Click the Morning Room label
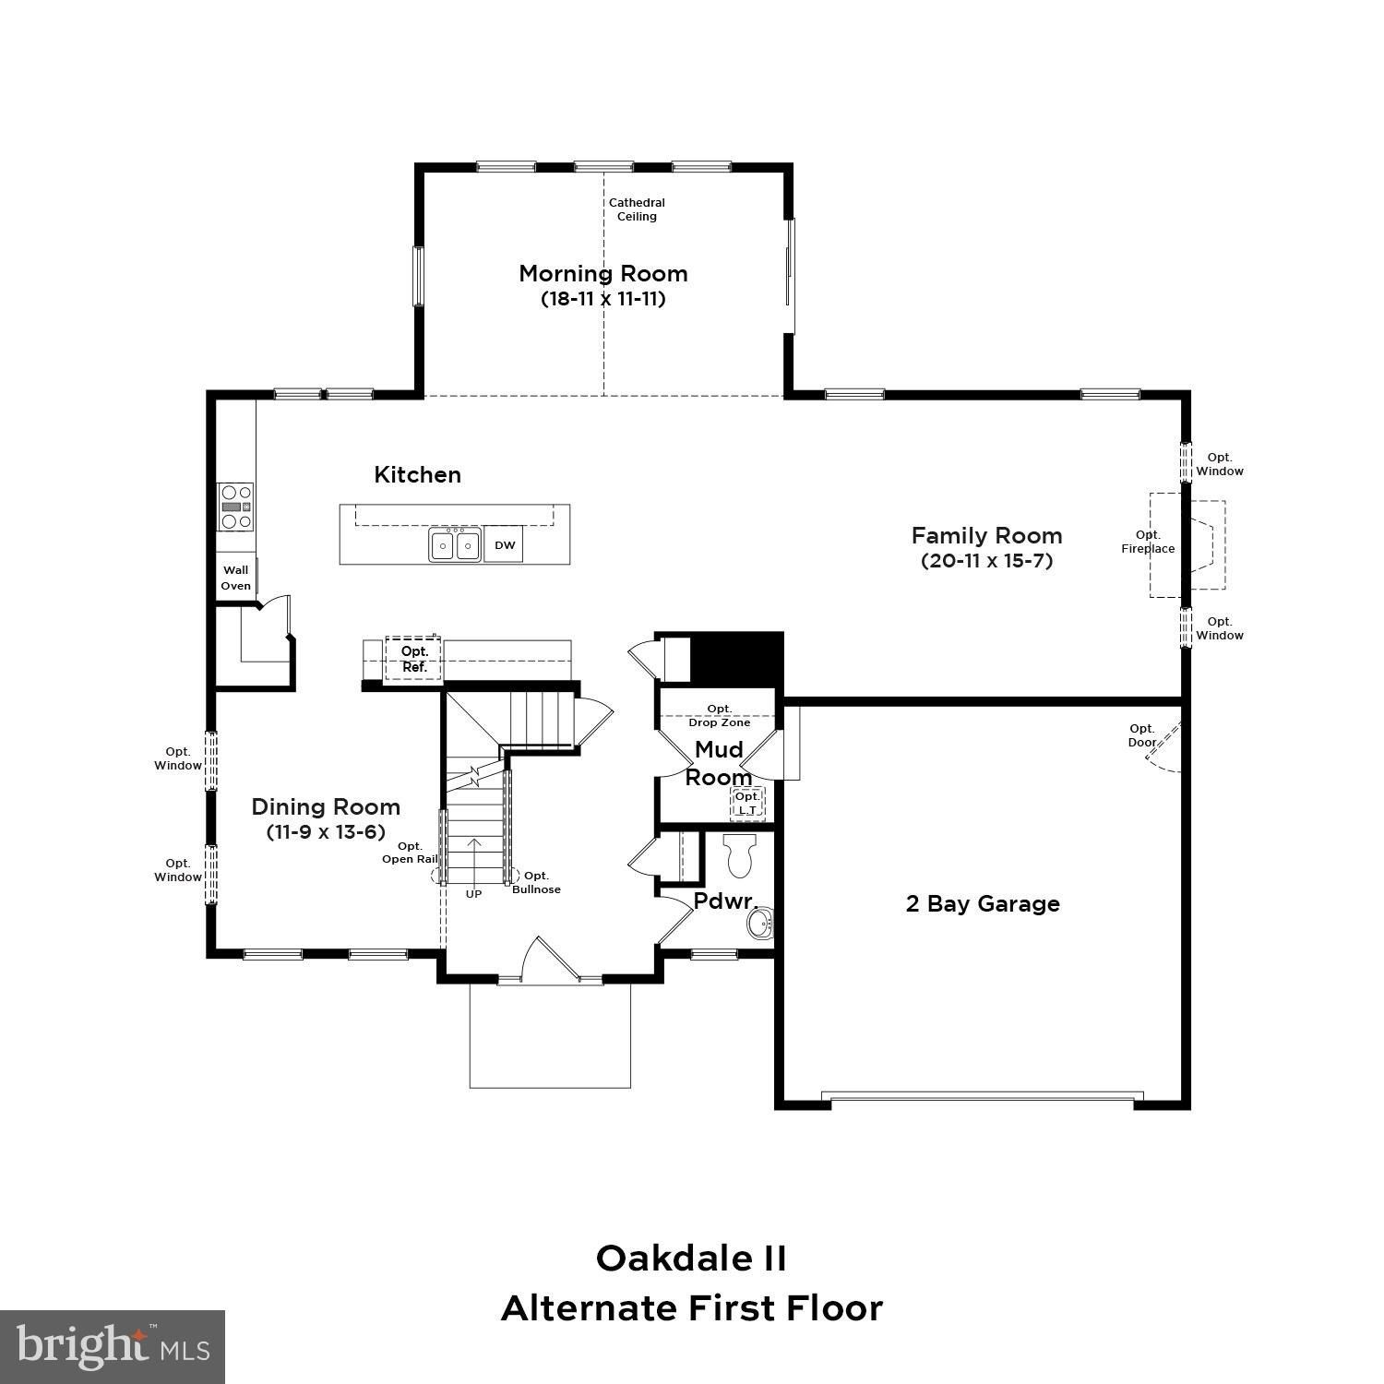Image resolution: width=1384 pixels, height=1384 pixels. point(603,274)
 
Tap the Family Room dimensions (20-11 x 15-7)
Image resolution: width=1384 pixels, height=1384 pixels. point(986,561)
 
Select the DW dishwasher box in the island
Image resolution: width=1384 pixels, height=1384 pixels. point(505,545)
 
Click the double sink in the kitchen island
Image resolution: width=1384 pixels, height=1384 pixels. point(455,545)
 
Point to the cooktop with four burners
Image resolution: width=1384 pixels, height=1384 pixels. point(235,507)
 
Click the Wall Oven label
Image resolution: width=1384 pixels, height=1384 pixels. point(235,578)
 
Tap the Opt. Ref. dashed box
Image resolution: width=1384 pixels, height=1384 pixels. point(413,659)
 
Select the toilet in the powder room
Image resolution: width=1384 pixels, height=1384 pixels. point(740,855)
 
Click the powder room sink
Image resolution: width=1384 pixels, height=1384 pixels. point(760,924)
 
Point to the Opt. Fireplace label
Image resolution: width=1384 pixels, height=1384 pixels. point(1148,542)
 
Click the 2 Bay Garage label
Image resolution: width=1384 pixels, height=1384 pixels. point(983,904)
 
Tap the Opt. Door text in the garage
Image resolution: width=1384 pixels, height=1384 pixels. point(1141,735)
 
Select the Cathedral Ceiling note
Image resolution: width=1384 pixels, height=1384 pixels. point(637,209)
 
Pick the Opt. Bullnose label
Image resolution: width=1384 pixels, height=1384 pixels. point(536,882)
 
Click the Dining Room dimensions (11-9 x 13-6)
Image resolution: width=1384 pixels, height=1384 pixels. point(326,832)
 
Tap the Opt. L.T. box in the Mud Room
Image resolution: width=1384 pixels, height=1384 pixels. point(747,804)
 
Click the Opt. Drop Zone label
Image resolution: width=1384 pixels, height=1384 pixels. point(719,715)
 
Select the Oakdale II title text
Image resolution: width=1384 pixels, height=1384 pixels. point(691,1258)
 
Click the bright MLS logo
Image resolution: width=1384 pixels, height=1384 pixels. point(113,1347)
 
